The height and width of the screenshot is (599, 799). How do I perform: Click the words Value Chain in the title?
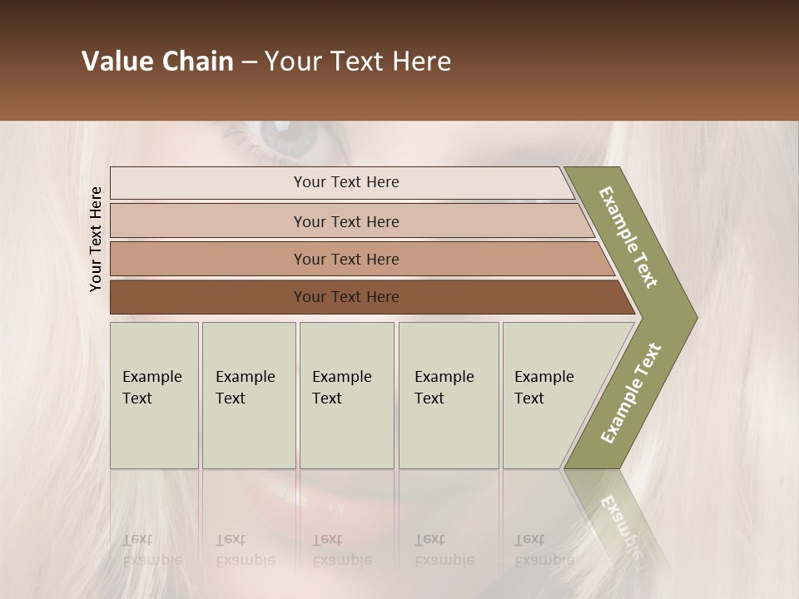pyautogui.click(x=157, y=62)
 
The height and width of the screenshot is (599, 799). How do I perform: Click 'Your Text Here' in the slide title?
pyautogui.click(x=358, y=62)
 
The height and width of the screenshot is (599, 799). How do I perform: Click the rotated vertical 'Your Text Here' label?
pyautogui.click(x=96, y=239)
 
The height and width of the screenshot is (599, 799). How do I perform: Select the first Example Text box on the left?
pyautogui.click(x=154, y=395)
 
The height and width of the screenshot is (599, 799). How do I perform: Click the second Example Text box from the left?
pyautogui.click(x=248, y=395)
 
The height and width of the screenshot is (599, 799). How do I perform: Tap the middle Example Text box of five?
pyautogui.click(x=346, y=395)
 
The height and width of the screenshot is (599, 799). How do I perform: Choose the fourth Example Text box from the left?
pyautogui.click(x=448, y=395)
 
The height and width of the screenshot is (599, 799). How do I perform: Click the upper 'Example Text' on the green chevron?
pyautogui.click(x=628, y=237)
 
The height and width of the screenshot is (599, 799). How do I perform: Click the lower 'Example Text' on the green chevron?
pyautogui.click(x=631, y=393)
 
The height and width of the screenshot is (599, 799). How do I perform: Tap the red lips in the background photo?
pyautogui.click(x=350, y=499)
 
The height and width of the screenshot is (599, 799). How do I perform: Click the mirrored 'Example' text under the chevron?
pyautogui.click(x=620, y=520)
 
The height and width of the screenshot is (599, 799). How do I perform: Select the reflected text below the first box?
pyautogui.click(x=151, y=550)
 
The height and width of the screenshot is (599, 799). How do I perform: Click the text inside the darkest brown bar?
pyautogui.click(x=346, y=297)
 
